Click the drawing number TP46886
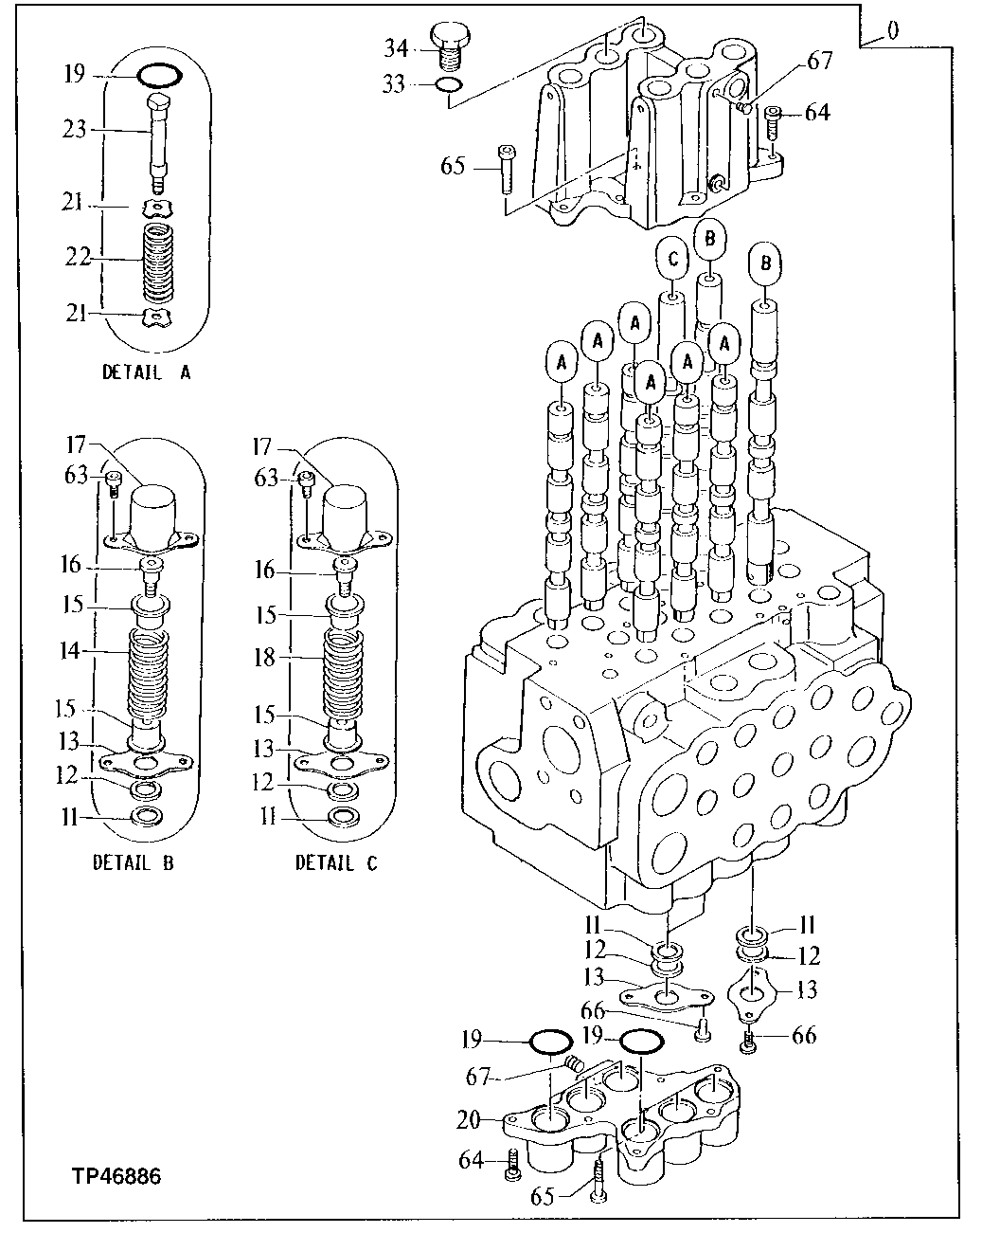[116, 1176]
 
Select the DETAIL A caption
[147, 372]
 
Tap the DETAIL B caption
[134, 862]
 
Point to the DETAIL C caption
[336, 862]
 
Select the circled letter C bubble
[672, 258]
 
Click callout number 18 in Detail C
[266, 658]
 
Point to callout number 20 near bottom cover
[469, 1119]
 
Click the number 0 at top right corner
[893, 31]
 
